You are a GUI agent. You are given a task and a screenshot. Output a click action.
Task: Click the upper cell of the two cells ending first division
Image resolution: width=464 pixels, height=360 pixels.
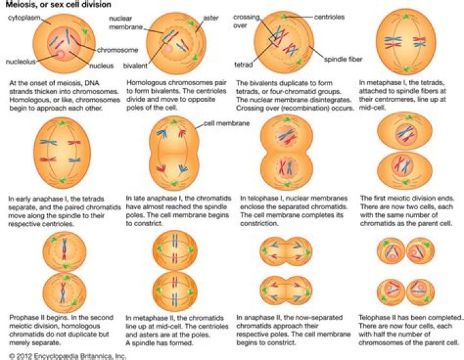pyautogui.click(x=403, y=135)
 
